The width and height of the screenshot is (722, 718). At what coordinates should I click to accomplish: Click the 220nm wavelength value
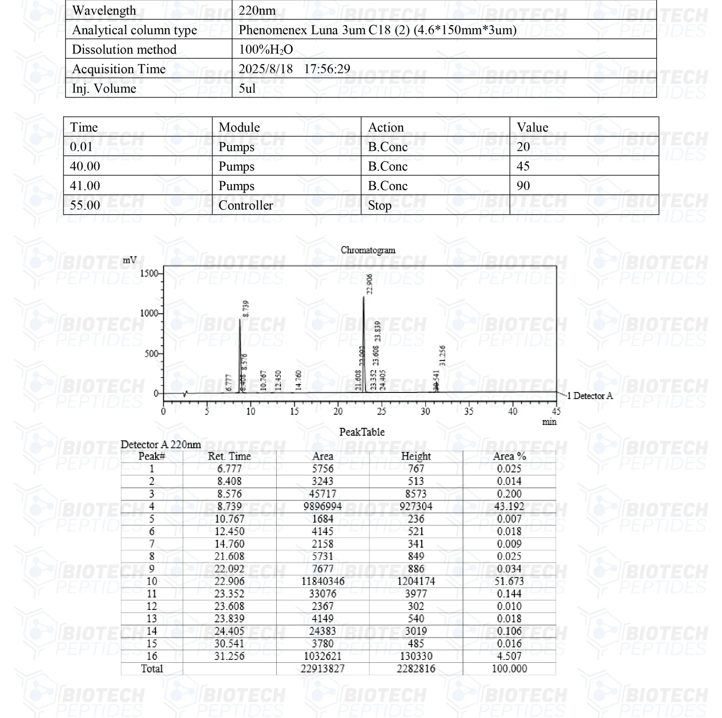(257, 10)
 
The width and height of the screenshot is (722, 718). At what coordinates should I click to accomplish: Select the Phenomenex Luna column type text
(377, 30)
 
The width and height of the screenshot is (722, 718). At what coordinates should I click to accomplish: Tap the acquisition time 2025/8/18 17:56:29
(294, 69)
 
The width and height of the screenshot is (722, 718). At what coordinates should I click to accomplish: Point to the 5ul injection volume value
(247, 89)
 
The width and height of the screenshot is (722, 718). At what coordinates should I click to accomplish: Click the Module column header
(239, 127)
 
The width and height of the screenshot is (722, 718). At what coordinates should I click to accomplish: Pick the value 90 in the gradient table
(523, 186)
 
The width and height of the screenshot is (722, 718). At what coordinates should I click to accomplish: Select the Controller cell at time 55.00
(246, 205)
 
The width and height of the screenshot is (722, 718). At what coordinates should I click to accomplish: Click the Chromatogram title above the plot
(368, 250)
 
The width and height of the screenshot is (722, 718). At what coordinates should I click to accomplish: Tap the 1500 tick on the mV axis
(149, 273)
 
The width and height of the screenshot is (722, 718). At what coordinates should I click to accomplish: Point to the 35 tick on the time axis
(469, 411)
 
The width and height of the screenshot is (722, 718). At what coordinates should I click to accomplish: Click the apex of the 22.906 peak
(363, 297)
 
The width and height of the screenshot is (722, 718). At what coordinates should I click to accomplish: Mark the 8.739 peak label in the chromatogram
(246, 309)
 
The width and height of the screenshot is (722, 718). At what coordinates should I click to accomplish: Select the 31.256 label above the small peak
(442, 355)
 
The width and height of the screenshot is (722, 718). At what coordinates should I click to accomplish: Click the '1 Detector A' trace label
(590, 396)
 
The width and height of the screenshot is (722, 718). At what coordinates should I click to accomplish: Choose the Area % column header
(509, 456)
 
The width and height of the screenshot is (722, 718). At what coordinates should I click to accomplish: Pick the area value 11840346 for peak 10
(323, 581)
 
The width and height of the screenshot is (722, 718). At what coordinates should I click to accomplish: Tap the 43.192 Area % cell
(509, 506)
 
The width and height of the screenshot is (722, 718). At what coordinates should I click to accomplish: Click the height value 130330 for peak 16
(416, 656)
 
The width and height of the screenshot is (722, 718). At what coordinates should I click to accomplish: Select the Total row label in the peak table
(152, 669)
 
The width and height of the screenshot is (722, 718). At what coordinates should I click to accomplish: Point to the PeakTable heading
(362, 432)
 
